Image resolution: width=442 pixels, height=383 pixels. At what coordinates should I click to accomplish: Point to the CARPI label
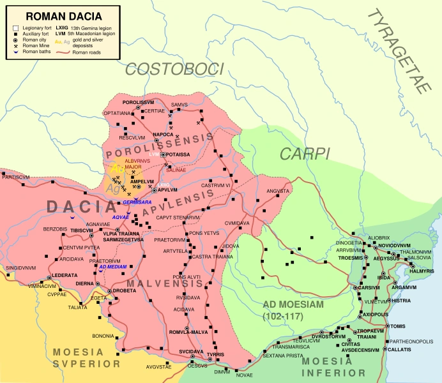click(304, 153)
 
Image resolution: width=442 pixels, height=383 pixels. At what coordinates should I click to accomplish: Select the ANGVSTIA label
click(278, 190)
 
